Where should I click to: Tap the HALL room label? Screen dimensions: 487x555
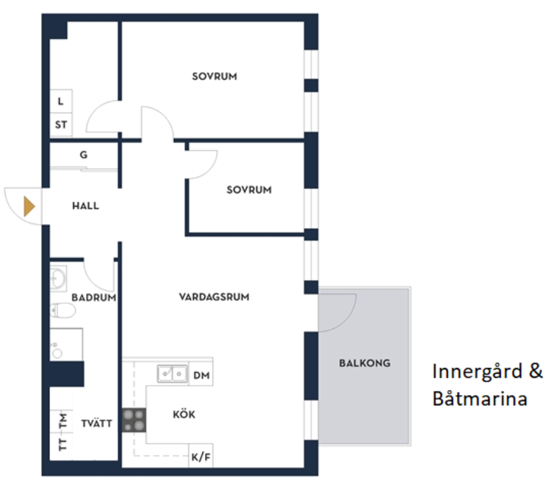point(86,206)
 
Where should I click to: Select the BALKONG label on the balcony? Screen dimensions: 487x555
point(365,363)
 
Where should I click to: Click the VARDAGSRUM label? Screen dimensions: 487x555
point(214,297)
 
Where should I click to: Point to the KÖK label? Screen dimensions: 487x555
point(184,415)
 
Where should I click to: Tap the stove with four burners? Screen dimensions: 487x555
point(134,420)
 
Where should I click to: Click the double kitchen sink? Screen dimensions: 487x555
point(172,374)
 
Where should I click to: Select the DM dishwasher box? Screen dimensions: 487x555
point(201,375)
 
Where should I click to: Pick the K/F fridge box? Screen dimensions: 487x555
point(201,457)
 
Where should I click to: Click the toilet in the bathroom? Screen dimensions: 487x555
point(63,311)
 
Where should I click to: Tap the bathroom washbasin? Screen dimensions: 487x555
point(58,279)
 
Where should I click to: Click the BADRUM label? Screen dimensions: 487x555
point(94,297)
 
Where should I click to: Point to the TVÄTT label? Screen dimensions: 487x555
point(97,423)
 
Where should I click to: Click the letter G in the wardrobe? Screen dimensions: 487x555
point(83,155)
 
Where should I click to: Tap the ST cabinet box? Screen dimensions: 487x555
point(61,125)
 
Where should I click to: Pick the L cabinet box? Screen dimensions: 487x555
point(61,101)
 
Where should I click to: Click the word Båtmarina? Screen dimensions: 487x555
point(480,399)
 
